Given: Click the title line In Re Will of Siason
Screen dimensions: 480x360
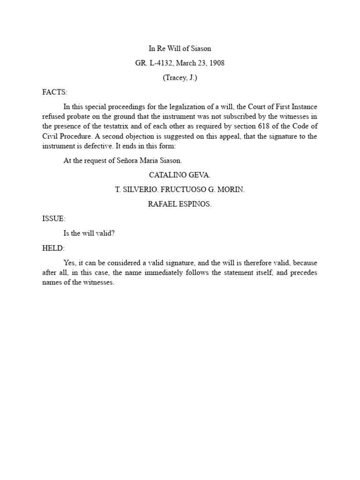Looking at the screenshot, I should (180, 48).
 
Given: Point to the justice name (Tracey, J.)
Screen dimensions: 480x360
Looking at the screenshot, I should (180, 78).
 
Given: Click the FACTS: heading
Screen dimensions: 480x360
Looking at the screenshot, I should (55, 92).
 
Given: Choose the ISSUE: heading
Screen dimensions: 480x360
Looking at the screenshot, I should (54, 219).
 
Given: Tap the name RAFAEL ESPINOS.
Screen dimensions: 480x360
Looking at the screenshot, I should (180, 204).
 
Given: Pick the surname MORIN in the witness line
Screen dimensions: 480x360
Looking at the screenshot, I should (233, 190).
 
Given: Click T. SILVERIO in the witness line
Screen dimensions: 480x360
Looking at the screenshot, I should (136, 190).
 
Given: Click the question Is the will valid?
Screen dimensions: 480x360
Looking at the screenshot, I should (89, 233).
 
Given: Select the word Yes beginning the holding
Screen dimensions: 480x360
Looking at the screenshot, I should (69, 263).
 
